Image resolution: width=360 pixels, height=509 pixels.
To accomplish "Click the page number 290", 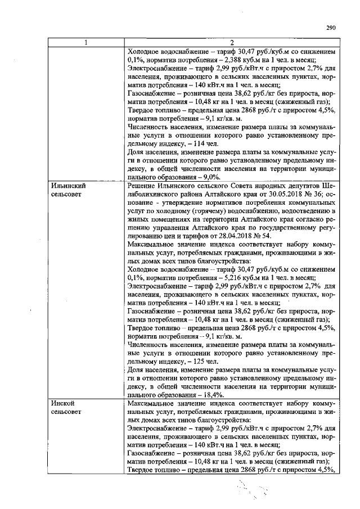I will (330, 26).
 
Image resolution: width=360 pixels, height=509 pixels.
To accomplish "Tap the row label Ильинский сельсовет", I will (68, 189).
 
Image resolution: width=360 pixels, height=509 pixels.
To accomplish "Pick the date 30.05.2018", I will (252, 193).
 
